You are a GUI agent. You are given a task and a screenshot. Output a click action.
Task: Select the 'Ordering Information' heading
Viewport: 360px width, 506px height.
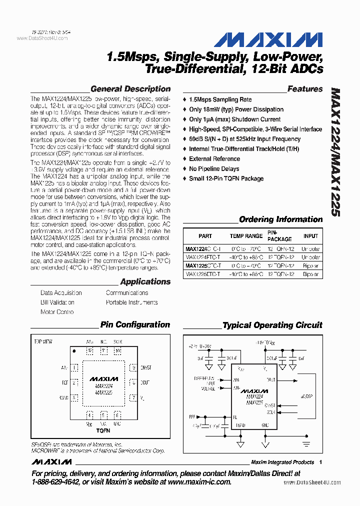pyautogui.click(x=280, y=219)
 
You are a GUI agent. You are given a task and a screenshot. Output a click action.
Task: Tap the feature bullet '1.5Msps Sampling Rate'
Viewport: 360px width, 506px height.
pyautogui.click(x=220, y=99)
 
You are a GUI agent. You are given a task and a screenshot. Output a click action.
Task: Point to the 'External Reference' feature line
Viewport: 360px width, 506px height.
pyautogui.click(x=214, y=159)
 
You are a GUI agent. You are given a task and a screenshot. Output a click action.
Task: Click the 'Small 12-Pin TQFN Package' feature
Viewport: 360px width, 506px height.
pyautogui.click(x=226, y=178)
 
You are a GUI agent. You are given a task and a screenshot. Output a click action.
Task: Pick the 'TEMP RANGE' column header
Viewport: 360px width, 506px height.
pyautogui.click(x=246, y=236)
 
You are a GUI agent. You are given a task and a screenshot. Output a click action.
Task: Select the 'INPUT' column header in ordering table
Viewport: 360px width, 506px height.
pyautogui.click(x=310, y=236)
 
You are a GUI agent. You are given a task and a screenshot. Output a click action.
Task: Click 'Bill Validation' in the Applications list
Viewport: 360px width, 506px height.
pyautogui.click(x=57, y=302)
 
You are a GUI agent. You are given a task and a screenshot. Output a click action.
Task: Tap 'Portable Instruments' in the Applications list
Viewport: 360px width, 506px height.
pyautogui.click(x=131, y=302)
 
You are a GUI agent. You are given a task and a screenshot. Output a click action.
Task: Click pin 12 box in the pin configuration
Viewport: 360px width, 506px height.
pyautogui.click(x=90, y=351)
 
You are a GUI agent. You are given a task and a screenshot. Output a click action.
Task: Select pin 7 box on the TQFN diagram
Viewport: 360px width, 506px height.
pyautogui.click(x=133, y=398)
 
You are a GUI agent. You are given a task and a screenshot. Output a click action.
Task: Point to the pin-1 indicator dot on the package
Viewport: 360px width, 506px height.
pyautogui.click(x=74, y=351)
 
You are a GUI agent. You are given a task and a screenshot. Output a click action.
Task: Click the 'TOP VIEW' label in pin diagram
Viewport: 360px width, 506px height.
pyautogui.click(x=43, y=341)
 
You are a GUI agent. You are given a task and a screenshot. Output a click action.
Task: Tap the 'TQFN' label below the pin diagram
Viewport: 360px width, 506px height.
pyautogui.click(x=103, y=429)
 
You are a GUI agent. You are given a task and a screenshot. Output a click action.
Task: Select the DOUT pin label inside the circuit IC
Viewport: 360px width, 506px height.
pyautogui.click(x=270, y=380)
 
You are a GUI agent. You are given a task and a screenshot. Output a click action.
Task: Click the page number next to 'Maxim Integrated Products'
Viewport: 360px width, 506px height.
pyautogui.click(x=320, y=462)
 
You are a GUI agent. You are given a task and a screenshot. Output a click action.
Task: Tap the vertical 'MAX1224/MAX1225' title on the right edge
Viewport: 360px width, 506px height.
pyautogui.click(x=335, y=152)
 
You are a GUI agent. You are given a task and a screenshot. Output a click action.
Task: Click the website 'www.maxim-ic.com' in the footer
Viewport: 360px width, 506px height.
pyautogui.click(x=199, y=482)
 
